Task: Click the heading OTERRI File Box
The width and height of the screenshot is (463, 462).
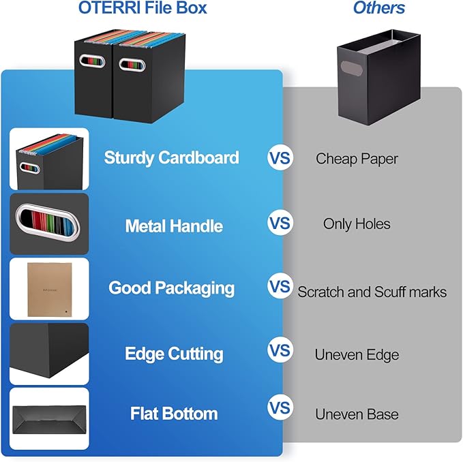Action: [x=143, y=9]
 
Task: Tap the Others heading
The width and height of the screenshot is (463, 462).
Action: [x=378, y=8]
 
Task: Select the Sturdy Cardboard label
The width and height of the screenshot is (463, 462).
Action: [x=171, y=157]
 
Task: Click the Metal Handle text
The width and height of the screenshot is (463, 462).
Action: [x=174, y=226]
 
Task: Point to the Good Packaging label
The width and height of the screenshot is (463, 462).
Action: [x=171, y=288]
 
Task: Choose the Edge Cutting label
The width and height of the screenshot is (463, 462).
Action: [x=174, y=354]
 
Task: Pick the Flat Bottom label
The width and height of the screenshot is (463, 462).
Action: [x=174, y=414]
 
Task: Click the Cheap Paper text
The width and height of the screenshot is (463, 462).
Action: [x=357, y=159]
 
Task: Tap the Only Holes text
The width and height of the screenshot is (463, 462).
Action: [x=357, y=224]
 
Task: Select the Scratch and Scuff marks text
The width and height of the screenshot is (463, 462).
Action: [x=372, y=292]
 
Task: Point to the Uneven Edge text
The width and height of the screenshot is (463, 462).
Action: [x=357, y=354]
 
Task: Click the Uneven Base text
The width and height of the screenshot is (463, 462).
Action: [x=357, y=414]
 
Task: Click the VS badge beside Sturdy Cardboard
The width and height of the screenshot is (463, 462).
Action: [x=280, y=159]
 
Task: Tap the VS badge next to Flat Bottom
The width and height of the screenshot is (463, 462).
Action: [x=280, y=409]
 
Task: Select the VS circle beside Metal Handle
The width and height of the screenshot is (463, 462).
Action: [x=280, y=224]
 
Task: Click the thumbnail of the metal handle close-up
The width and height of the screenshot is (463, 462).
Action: [x=49, y=224]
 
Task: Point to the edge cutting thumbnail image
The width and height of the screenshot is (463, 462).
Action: [x=49, y=354]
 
